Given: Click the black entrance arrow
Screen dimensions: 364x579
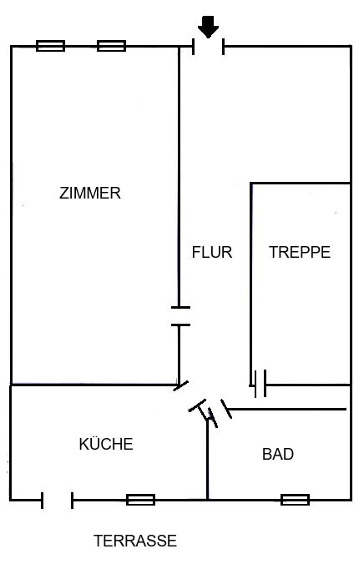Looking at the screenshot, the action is click(x=209, y=27).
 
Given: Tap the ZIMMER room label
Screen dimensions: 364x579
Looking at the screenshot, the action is click(x=90, y=193).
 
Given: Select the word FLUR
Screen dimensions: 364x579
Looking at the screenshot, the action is click(x=212, y=252).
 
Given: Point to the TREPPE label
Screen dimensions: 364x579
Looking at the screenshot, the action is click(x=300, y=252).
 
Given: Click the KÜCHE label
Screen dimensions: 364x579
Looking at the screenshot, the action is click(x=106, y=443).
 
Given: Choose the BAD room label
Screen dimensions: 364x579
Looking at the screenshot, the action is click(x=278, y=454).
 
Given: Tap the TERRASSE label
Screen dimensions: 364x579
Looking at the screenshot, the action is click(x=135, y=541).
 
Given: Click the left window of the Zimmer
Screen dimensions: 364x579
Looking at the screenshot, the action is click(x=51, y=46).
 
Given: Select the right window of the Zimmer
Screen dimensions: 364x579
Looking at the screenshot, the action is click(x=111, y=46).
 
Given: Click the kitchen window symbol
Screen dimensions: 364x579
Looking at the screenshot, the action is click(x=141, y=500).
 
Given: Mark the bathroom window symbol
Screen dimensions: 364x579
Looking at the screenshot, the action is click(x=296, y=500).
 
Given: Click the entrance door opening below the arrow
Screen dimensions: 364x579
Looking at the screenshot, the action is click(x=209, y=47).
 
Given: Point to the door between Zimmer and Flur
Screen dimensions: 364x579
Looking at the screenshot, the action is click(x=180, y=316).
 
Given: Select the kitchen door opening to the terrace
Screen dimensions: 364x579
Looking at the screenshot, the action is click(x=58, y=500).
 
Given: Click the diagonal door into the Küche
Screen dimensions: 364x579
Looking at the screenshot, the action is click(x=181, y=386).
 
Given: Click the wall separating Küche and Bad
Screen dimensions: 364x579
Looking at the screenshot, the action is click(x=208, y=460).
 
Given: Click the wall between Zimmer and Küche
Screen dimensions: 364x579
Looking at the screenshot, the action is click(x=94, y=385).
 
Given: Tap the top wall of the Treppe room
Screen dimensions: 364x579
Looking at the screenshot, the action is click(x=301, y=183).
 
